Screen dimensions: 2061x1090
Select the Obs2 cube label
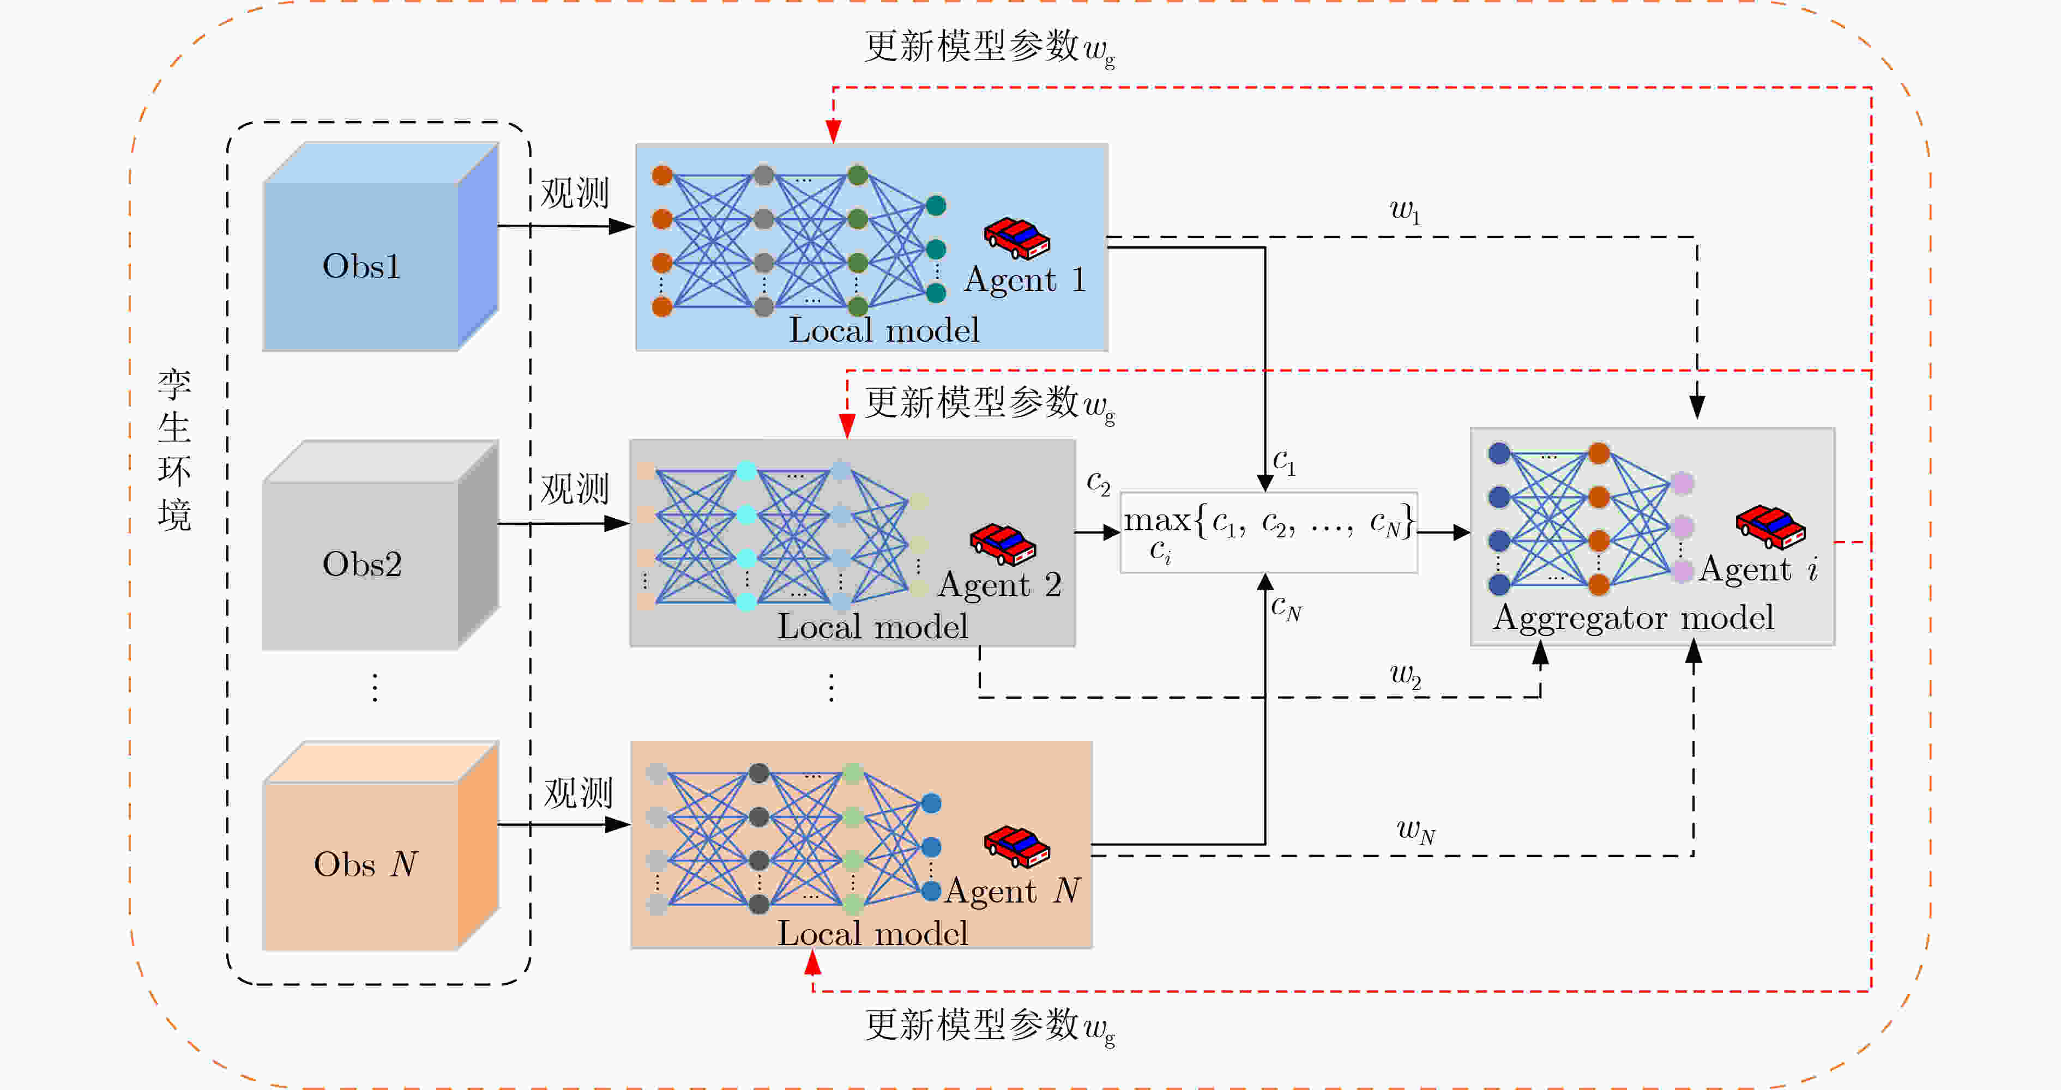tap(361, 565)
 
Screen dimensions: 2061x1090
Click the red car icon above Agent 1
tap(1017, 238)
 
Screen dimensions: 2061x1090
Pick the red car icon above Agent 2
tap(1003, 544)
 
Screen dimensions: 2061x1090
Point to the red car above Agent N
tap(1017, 846)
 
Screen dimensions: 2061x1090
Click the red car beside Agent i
tap(1770, 527)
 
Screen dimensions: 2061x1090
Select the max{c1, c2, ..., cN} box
tap(1269, 532)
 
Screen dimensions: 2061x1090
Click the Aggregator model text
tap(1633, 618)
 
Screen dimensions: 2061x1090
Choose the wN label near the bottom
tap(1416, 831)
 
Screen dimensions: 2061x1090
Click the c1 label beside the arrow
tap(1284, 462)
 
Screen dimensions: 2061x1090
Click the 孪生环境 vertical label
tap(174, 450)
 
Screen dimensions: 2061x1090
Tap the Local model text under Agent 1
tap(884, 330)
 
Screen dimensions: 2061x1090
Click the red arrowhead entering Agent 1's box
tap(833, 132)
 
